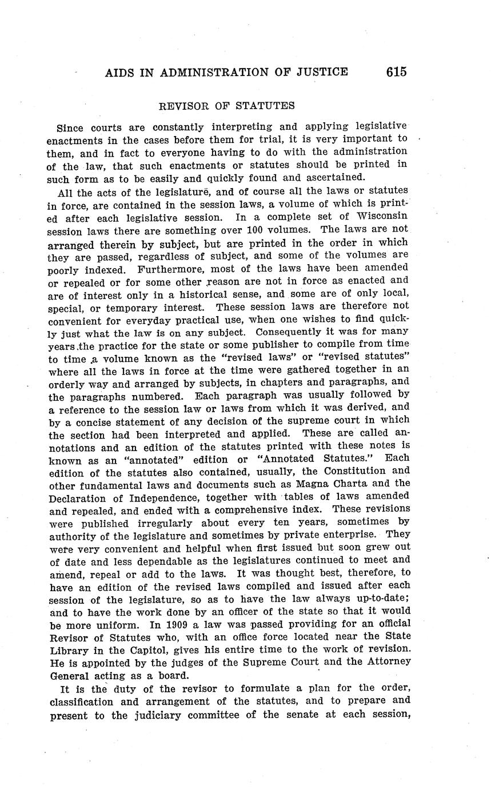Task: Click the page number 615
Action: pos(396,72)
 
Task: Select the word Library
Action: pos(68,649)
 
